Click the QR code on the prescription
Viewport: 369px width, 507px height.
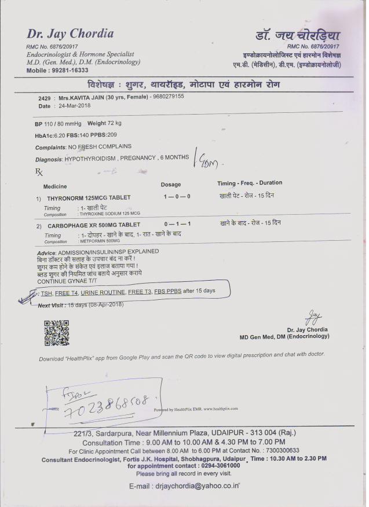56,332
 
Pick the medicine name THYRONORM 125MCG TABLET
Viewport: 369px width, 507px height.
89,197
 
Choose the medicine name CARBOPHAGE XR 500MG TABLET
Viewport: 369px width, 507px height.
93,225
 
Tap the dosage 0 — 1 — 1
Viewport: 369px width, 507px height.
178,223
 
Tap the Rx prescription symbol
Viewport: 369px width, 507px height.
39,172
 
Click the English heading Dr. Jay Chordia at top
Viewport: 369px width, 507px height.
70,34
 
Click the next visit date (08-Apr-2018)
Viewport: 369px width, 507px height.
104,304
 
